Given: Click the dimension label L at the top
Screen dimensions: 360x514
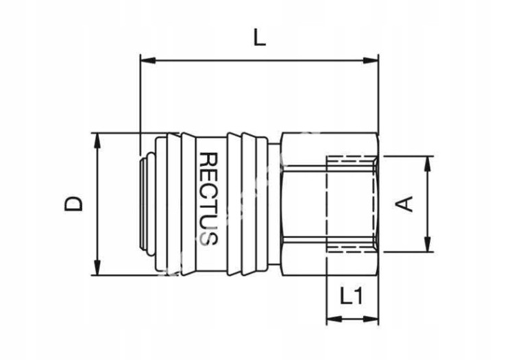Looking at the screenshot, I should click(x=258, y=38).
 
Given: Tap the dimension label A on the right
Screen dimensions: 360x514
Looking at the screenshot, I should click(x=407, y=203).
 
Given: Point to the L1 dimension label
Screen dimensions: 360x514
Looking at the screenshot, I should click(x=352, y=296).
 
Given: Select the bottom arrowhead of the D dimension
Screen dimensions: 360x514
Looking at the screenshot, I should click(x=97, y=269).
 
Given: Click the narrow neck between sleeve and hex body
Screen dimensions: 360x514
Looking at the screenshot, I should click(x=274, y=204).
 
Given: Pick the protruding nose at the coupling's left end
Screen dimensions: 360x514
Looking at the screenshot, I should click(x=143, y=204).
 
